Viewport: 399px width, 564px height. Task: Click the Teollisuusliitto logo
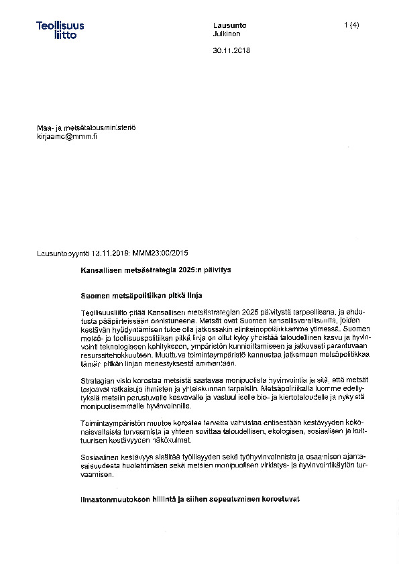point(60,30)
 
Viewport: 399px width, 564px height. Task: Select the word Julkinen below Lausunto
point(227,34)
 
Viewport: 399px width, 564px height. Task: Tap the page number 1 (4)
point(351,25)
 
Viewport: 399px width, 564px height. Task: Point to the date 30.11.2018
point(231,50)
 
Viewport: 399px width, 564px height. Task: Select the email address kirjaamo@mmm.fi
point(67,136)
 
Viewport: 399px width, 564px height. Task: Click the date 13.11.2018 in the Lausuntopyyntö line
point(111,253)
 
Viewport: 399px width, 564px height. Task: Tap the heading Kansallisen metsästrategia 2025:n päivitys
point(155,269)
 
